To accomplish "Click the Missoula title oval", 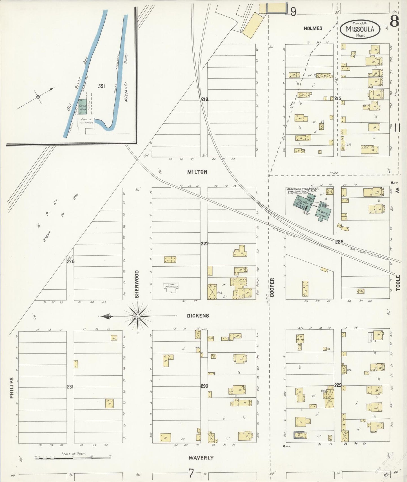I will [360, 29].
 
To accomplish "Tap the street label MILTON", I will [197, 172].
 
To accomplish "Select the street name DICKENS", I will [198, 316].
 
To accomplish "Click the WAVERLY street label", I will [201, 458].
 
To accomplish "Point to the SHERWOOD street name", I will [137, 284].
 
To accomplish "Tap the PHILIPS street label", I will [12, 388].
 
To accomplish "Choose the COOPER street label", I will [272, 287].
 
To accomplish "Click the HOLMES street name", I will [313, 28].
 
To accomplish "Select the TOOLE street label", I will [398, 283].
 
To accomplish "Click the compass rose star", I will [137, 316].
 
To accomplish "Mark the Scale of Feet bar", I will [72, 458].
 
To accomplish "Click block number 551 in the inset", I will [101, 86].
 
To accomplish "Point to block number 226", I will [70, 261].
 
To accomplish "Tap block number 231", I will [70, 387].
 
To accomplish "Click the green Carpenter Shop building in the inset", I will [83, 106].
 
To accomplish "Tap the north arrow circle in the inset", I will [38, 97].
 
